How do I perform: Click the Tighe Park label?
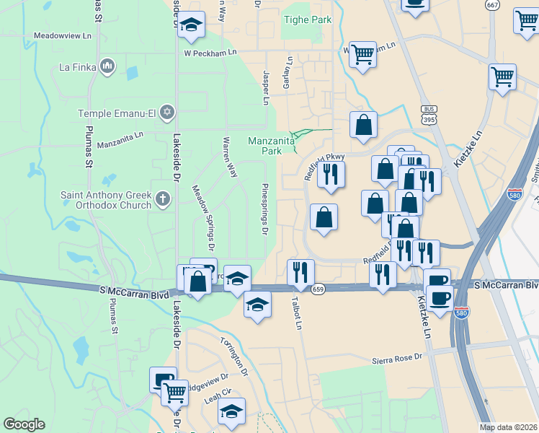point(308,19)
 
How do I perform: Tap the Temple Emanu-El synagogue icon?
point(167,113)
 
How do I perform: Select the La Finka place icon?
point(107,68)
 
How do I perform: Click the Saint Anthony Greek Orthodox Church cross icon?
point(163,198)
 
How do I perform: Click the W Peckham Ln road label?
point(210,53)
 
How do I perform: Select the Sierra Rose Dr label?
point(396,359)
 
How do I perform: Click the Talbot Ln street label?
point(295,312)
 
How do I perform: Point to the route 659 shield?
point(318,289)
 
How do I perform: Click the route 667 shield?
point(493,4)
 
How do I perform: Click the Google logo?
point(24,424)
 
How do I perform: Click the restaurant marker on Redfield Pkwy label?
point(331,174)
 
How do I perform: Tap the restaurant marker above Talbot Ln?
point(300,272)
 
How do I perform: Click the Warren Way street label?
point(230,157)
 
